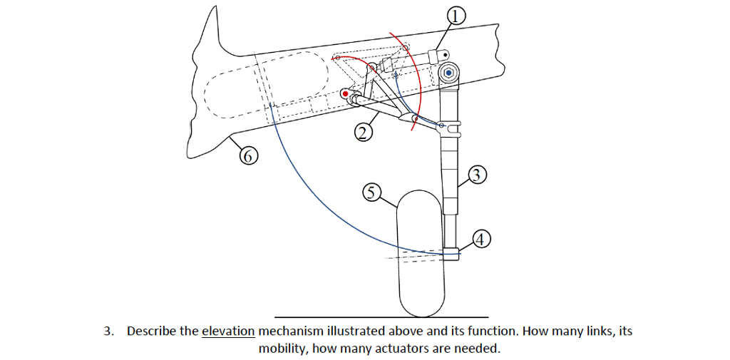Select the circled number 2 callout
click(364, 133)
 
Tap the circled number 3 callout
click(478, 174)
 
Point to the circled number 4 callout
click(482, 240)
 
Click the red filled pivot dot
click(346, 93)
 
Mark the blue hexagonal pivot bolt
click(448, 72)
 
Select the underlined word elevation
click(228, 331)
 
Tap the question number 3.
click(108, 331)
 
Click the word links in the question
click(595, 331)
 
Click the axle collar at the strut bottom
click(451, 252)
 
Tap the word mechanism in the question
click(291, 331)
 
